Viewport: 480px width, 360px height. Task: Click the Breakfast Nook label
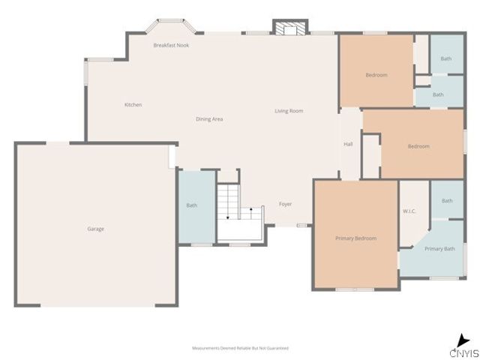pyautogui.click(x=171, y=46)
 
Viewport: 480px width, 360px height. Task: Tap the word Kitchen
pyautogui.click(x=133, y=105)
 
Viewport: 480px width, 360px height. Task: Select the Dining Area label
pyautogui.click(x=209, y=119)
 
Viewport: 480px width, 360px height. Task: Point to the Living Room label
pyautogui.click(x=289, y=111)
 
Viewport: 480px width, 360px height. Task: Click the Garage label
pyautogui.click(x=95, y=229)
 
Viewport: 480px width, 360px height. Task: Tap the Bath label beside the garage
pyautogui.click(x=191, y=205)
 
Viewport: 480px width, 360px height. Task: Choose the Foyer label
pyautogui.click(x=286, y=204)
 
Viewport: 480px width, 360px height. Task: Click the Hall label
pyautogui.click(x=348, y=144)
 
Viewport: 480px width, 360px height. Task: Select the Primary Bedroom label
pyautogui.click(x=355, y=238)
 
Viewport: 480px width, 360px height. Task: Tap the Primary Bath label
pyautogui.click(x=439, y=249)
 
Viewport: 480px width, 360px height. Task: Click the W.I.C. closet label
pyautogui.click(x=409, y=211)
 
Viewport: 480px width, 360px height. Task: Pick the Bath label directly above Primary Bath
pyautogui.click(x=447, y=201)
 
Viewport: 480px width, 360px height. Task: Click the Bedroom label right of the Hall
pyautogui.click(x=418, y=146)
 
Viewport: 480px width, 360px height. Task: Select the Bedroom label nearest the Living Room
pyautogui.click(x=376, y=75)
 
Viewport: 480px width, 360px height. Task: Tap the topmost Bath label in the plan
pyautogui.click(x=446, y=58)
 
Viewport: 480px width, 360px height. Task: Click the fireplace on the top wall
pyautogui.click(x=289, y=28)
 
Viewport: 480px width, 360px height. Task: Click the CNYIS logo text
pyautogui.click(x=463, y=352)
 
